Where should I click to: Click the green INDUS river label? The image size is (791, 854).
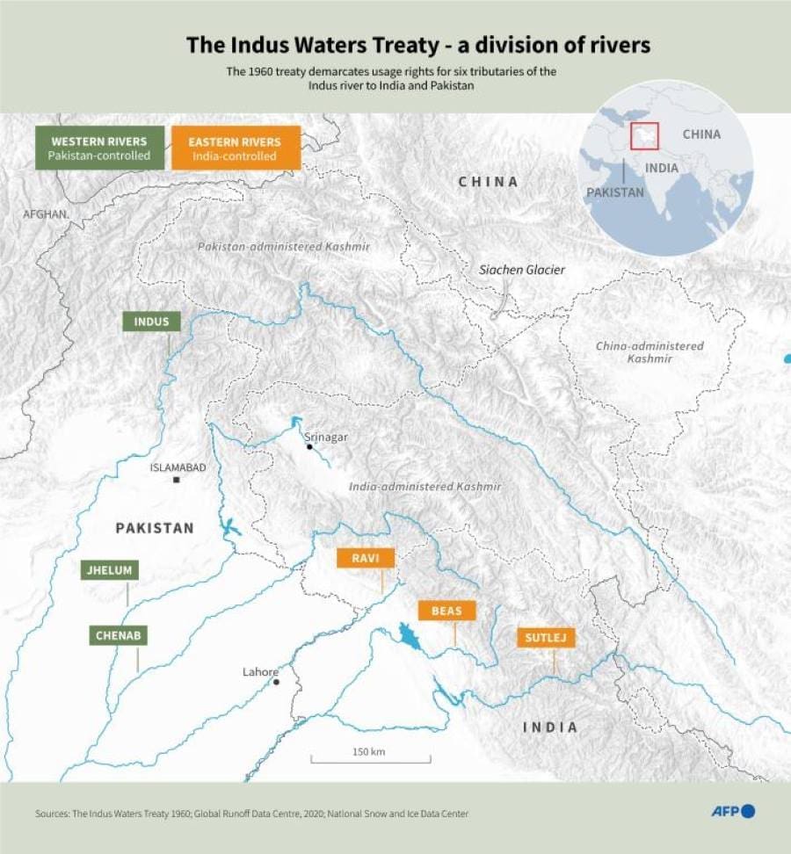coord(151,322)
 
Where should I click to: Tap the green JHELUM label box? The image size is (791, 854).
coord(109,570)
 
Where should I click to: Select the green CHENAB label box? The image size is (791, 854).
coord(119,634)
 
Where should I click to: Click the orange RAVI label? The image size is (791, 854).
coord(366,558)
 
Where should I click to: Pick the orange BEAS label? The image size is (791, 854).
coord(447,611)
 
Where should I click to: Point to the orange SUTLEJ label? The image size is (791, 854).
coord(546,637)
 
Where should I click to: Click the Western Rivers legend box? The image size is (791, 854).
coord(99,148)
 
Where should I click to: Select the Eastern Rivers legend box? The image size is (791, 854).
coord(235,148)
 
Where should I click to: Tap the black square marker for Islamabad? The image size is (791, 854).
coord(177,480)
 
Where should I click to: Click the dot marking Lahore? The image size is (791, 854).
coord(276,682)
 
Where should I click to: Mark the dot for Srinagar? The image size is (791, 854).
coord(309,447)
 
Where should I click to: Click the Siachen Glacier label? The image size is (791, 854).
coord(522,270)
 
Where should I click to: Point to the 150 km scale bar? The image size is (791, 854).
coord(369,757)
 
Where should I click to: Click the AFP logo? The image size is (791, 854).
coord(732,811)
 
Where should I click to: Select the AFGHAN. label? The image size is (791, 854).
coord(46,214)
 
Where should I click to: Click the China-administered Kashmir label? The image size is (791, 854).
coord(649,351)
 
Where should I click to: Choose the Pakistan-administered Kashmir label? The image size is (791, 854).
coord(284,247)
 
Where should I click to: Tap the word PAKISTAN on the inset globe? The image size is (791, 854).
coord(615,192)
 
